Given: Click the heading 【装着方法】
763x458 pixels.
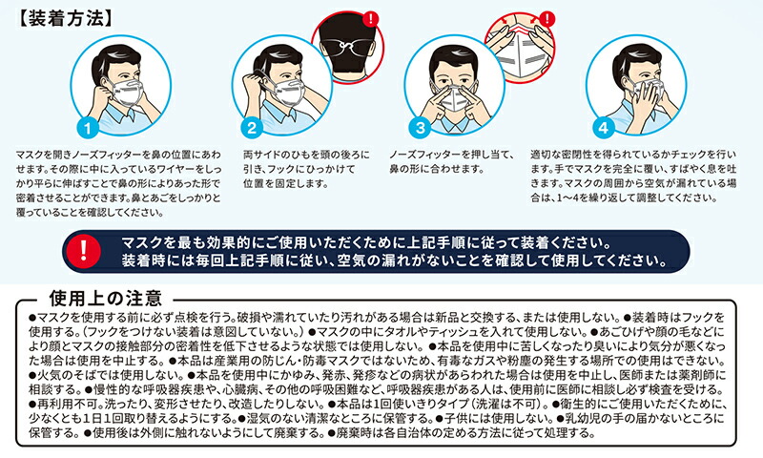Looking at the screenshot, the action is point(65,18).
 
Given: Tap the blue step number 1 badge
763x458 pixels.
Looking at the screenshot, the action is point(88,128).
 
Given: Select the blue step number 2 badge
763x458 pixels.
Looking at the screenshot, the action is point(252,128).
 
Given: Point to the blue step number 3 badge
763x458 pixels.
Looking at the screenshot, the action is point(420,128).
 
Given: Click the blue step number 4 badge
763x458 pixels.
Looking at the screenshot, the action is point(604,128).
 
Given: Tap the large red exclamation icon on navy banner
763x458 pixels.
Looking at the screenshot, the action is point(83,251).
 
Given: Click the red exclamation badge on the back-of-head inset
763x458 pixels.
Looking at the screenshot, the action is point(371,19).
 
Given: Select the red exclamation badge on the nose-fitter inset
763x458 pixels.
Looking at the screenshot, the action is point(547,19).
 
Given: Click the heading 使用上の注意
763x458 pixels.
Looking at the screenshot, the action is point(106,298).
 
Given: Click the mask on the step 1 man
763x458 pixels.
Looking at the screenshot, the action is point(127,93).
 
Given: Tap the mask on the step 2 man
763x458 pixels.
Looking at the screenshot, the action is point(288,92).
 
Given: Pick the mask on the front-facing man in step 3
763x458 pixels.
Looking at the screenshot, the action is point(455,97).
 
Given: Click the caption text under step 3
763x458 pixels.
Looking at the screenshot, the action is point(451,162).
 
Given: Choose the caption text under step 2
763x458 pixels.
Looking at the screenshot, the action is point(306,169).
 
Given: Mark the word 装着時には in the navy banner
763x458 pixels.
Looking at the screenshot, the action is point(153,260).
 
